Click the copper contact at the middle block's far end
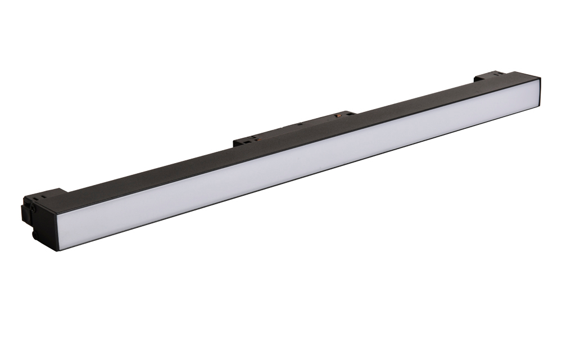coord(338,115)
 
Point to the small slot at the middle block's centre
coord(301,124)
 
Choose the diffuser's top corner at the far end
coord(538,82)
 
